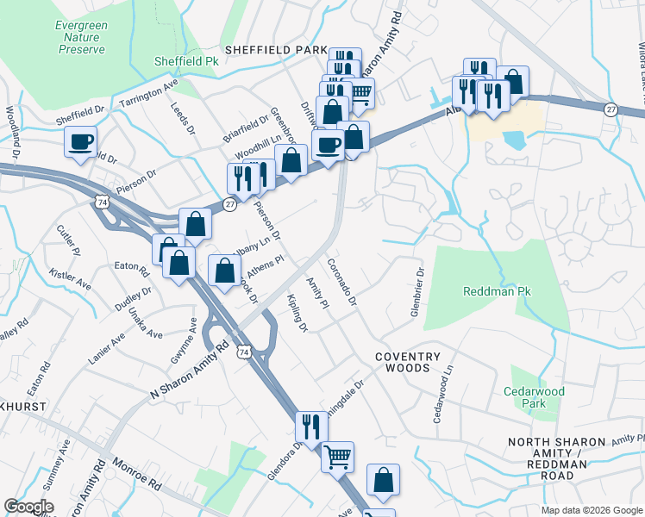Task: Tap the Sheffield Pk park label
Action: [185, 62]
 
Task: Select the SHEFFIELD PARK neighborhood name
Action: [276, 51]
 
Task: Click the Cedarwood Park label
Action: [535, 397]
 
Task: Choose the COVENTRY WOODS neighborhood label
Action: [402, 362]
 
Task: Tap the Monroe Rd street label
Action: [136, 473]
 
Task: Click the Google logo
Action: [28, 507]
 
